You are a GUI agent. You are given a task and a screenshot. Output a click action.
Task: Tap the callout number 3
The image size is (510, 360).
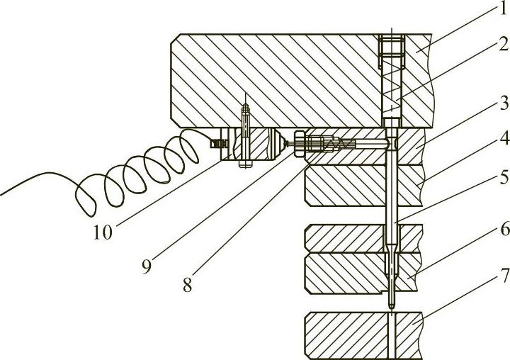[x=492, y=106]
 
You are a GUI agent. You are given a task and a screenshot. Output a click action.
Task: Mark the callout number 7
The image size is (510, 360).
[x=492, y=272]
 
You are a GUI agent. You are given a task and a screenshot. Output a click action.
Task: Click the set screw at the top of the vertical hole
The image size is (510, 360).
[x=390, y=52]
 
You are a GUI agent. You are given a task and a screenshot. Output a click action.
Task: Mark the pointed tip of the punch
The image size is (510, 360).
[x=391, y=305]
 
